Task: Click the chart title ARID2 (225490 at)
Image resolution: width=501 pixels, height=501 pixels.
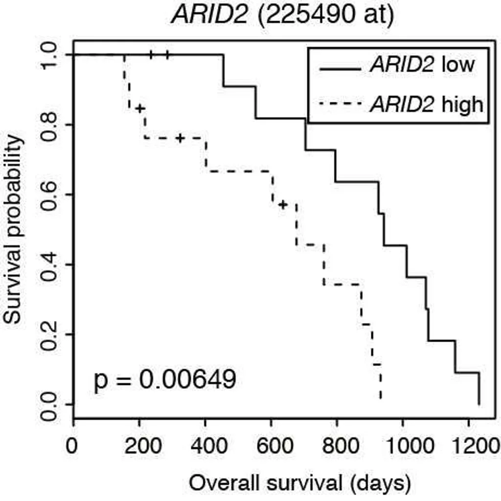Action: tap(283, 15)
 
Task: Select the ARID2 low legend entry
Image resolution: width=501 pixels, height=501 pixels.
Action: tap(397, 65)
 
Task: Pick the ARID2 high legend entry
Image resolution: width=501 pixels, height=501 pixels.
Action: tap(401, 104)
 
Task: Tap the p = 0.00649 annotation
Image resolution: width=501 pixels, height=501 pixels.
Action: tap(165, 380)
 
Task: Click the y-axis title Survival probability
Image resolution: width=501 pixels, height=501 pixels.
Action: tap(13, 229)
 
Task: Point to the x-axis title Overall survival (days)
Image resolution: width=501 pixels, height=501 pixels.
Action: tap(300, 484)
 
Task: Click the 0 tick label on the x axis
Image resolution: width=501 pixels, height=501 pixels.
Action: tap(72, 445)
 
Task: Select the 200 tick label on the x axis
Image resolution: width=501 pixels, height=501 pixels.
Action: tap(143, 445)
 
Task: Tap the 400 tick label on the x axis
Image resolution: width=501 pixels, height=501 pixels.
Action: tap(209, 445)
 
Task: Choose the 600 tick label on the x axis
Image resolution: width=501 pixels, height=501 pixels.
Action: tap(275, 445)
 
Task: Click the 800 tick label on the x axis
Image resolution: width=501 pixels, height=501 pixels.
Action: tap(341, 445)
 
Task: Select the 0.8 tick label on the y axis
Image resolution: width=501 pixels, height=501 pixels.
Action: tap(48, 125)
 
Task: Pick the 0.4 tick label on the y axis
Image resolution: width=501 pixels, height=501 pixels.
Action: tap(48, 265)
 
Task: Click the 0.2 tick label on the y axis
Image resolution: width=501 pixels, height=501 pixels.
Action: tap(48, 335)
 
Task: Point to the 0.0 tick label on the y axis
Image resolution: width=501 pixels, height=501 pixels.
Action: tap(48, 405)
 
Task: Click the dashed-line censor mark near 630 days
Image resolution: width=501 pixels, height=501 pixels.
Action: tap(283, 204)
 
